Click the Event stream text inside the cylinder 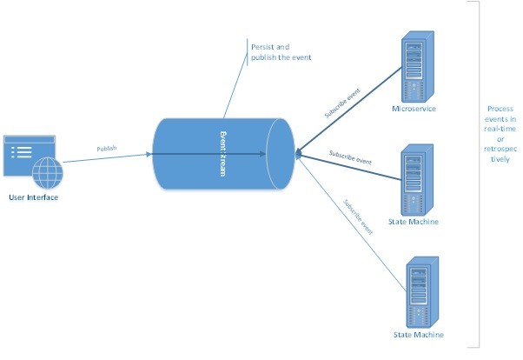point(223,153)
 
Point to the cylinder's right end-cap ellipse point(283,154)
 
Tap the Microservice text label point(414,109)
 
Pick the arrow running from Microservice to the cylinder point(348,105)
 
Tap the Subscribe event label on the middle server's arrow point(351,158)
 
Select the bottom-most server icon point(417,292)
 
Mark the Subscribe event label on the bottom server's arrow point(358,218)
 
